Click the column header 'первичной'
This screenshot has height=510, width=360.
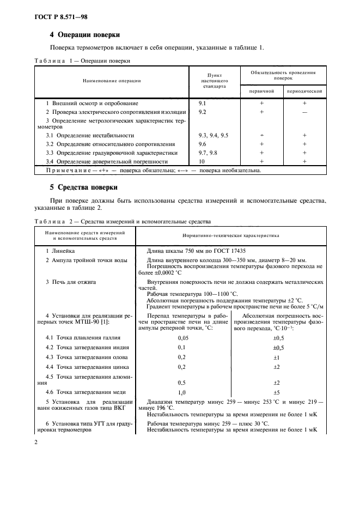[x=261, y=90]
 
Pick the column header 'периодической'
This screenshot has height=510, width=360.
[x=304, y=90]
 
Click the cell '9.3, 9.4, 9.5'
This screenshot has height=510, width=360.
[x=213, y=135]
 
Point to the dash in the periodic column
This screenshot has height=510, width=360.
[x=304, y=112]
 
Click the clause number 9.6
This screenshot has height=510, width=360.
[x=203, y=144]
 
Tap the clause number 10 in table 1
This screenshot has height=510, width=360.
[x=202, y=161]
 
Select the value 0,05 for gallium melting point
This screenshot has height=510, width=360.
[x=182, y=338]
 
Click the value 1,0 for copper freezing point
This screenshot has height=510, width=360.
[x=182, y=392]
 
